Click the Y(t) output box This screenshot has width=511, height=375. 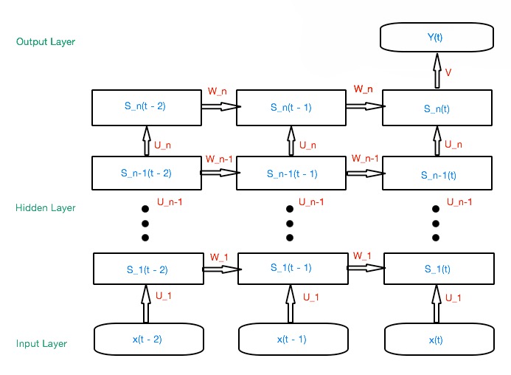(437, 37)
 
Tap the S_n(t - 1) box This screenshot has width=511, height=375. (291, 108)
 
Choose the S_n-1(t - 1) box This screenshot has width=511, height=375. (291, 173)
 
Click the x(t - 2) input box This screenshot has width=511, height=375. (148, 339)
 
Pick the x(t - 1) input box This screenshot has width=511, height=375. (292, 339)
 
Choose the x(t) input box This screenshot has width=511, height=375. (437, 339)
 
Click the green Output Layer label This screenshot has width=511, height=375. (46, 42)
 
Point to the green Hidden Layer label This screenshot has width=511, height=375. (46, 208)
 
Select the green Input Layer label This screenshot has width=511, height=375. (42, 343)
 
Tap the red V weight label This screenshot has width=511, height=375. (448, 72)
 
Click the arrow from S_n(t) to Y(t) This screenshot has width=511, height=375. (437, 73)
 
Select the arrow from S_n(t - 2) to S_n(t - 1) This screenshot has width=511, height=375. (219, 107)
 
